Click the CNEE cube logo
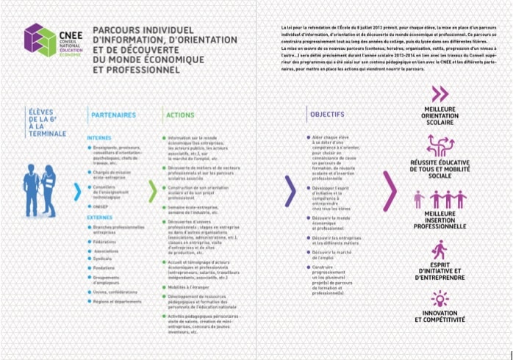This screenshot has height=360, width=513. pos(38,41)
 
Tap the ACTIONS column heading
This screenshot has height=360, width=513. pos(180,115)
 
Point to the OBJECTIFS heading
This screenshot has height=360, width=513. pos(327,115)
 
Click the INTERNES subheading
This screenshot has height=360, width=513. pos(98,137)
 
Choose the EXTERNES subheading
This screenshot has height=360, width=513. pos(99,217)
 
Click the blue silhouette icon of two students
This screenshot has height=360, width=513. pos(39,188)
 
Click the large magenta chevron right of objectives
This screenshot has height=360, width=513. pos(390,193)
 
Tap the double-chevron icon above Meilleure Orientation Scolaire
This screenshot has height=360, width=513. pos(440,93)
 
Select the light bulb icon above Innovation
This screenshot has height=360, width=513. pos(440,298)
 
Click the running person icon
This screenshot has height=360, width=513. pos(440,250)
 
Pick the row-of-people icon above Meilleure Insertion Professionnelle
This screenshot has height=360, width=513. pos(440,199)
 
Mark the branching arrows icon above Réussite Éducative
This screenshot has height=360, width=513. pos(440,145)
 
